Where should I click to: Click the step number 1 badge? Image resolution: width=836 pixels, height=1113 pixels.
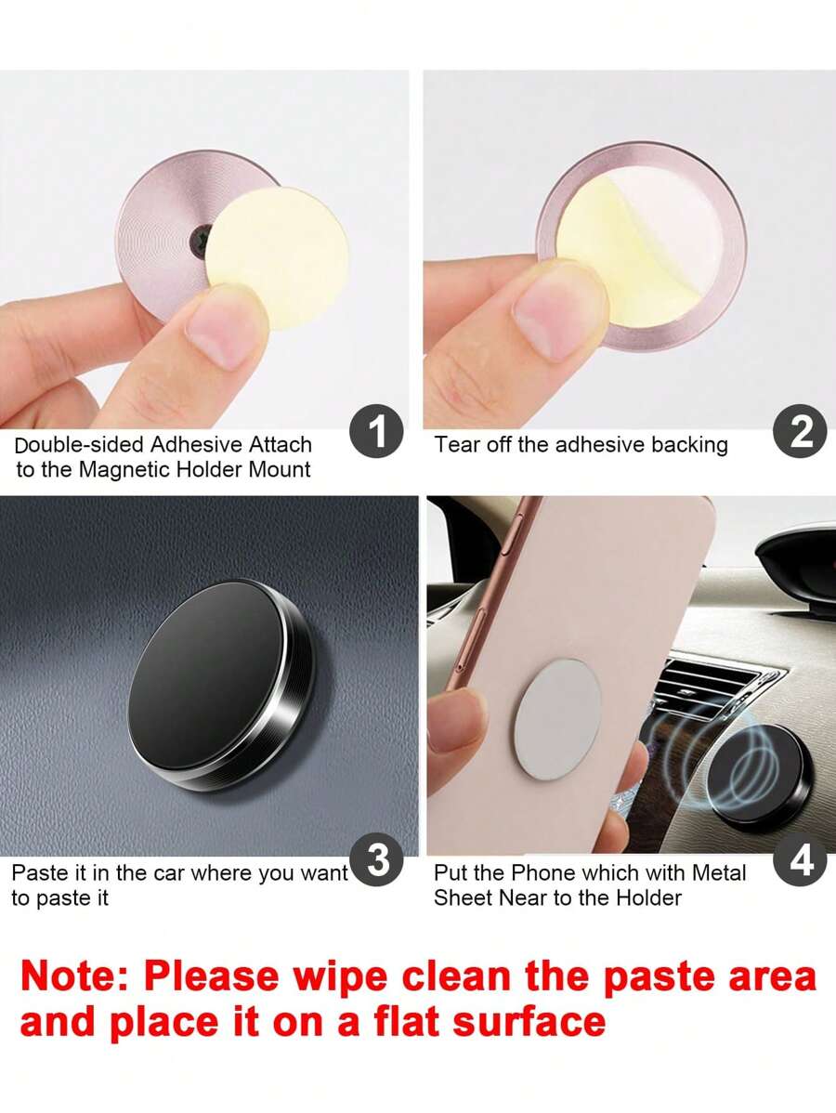pyautogui.click(x=376, y=431)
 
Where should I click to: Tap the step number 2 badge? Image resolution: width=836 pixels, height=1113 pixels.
pyautogui.click(x=800, y=431)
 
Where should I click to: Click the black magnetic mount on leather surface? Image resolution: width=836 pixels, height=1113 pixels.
pyautogui.click(x=221, y=685)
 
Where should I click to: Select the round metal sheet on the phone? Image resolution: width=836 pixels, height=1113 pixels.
pyautogui.click(x=557, y=717)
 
